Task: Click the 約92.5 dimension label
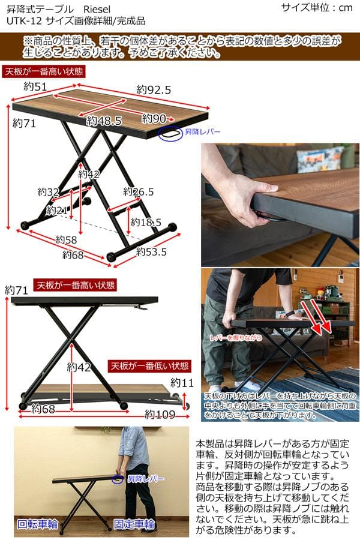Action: coord(154,90)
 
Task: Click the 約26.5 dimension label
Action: coord(139,192)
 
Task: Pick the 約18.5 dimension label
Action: coord(146,222)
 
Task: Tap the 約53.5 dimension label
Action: coord(151,252)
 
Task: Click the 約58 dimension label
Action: coord(66,240)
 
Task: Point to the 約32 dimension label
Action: coord(48,192)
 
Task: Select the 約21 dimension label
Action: coord(56,211)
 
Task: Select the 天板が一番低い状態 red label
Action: coord(150,365)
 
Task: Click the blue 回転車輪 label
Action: coord(37,523)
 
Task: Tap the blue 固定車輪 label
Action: coord(134,523)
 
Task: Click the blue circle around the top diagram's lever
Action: coord(170,133)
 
